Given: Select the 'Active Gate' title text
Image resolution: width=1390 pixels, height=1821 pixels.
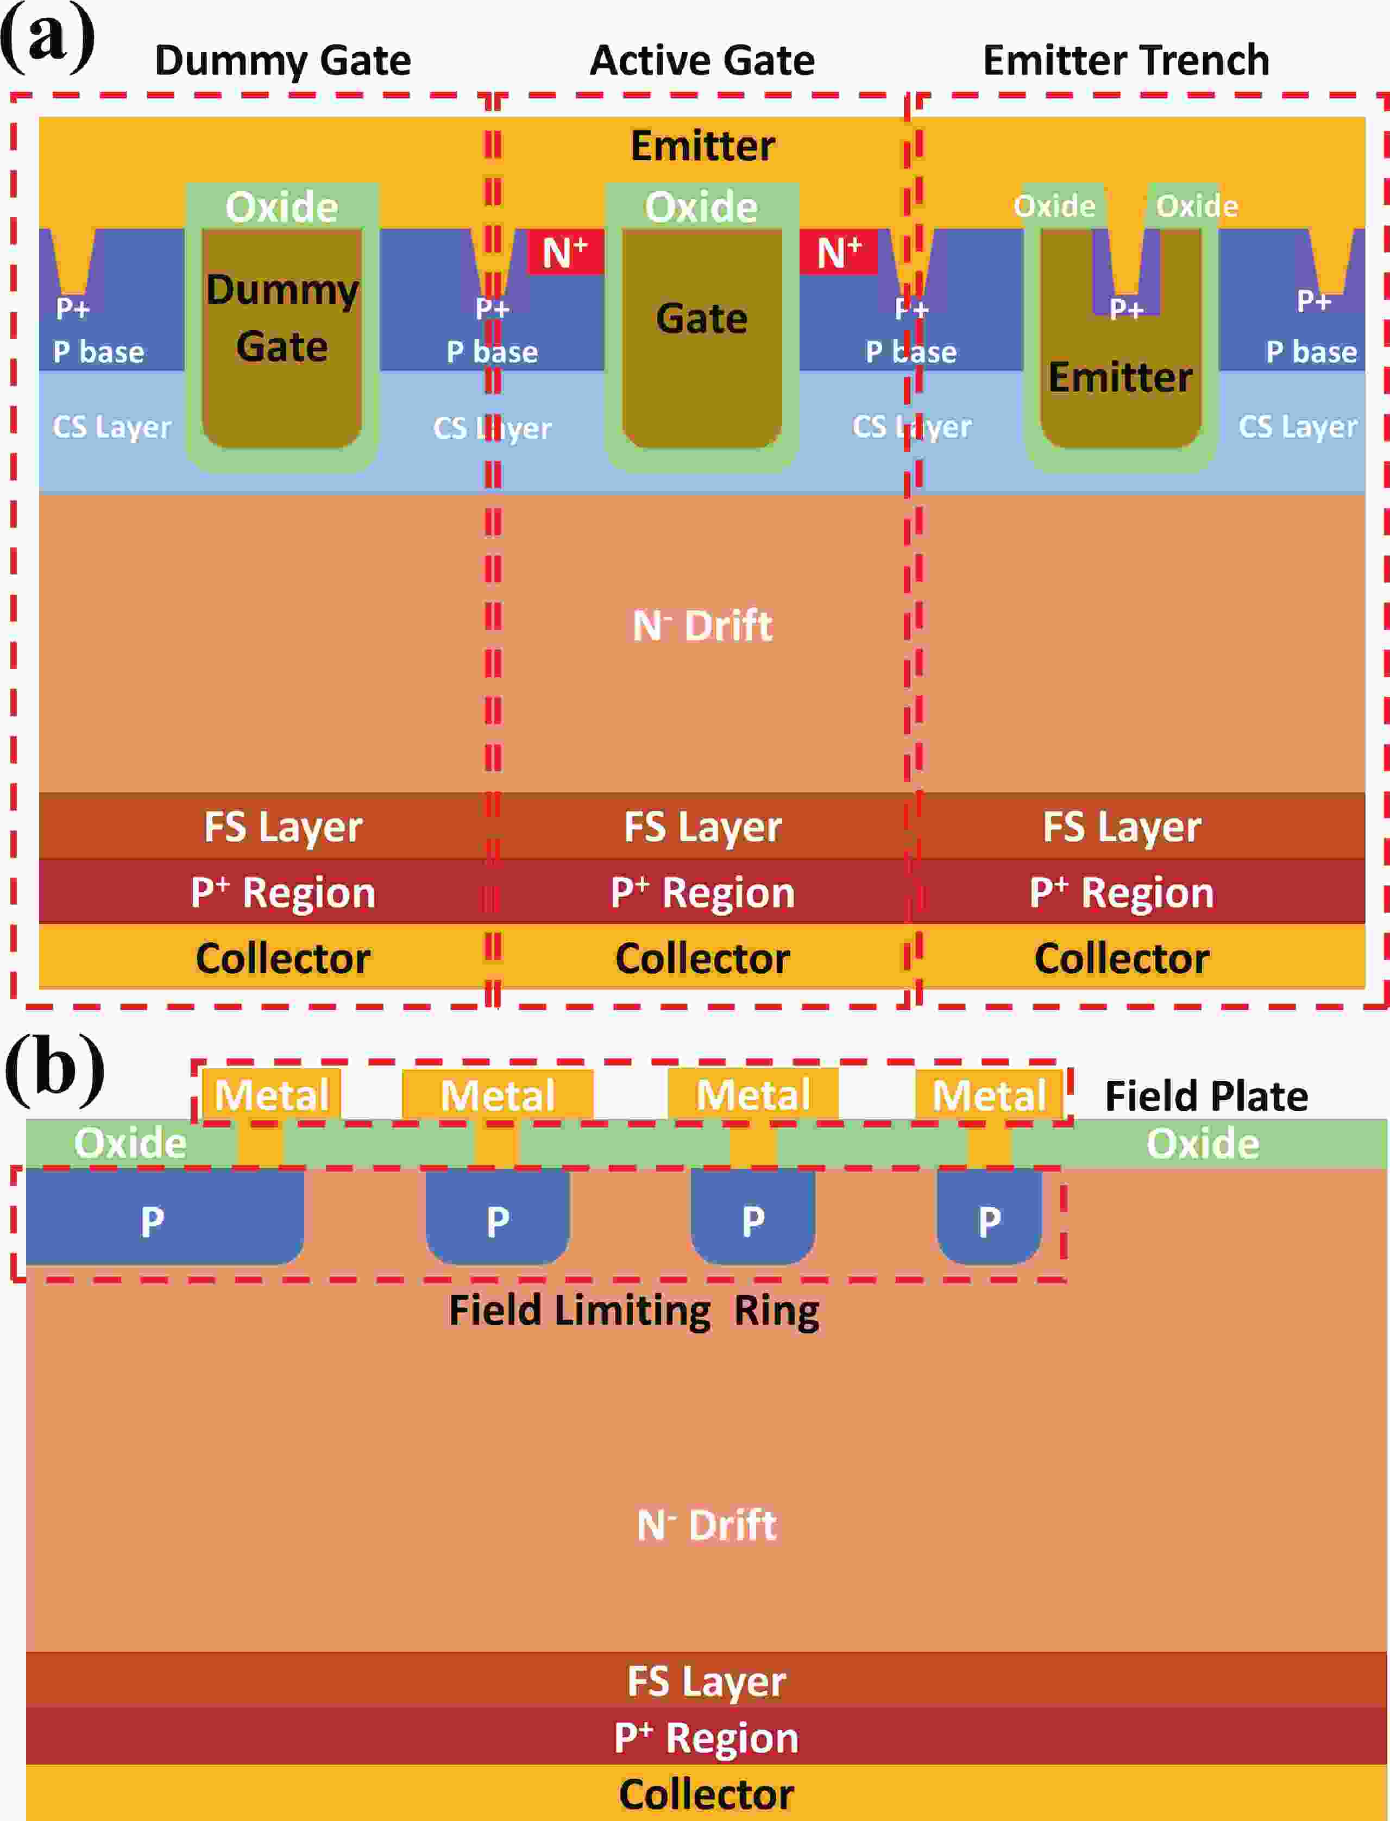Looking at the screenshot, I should (702, 60).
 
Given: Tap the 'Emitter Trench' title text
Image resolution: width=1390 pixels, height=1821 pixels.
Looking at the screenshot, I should (1125, 60).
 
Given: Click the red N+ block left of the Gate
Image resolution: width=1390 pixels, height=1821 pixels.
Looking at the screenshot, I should (564, 251).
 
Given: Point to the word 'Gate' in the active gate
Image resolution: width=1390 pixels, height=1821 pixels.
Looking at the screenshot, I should (702, 319).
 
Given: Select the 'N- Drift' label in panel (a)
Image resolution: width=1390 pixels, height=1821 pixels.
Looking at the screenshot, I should (702, 626).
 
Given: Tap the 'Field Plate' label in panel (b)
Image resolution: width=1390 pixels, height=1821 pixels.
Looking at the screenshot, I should (1206, 1097).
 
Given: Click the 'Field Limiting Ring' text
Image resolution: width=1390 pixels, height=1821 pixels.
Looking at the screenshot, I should (634, 1310).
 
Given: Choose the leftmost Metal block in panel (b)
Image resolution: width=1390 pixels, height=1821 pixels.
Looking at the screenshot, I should (272, 1095).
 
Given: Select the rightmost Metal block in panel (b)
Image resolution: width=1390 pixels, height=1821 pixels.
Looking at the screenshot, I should (989, 1095).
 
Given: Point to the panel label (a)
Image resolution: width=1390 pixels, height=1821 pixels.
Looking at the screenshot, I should (47, 37).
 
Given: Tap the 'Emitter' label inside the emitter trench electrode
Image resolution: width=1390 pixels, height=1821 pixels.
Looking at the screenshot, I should (1120, 377).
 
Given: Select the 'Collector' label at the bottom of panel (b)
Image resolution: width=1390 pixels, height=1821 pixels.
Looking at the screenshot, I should (706, 1794).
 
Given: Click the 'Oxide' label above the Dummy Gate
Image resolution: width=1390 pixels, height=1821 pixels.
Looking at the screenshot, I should (282, 207).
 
